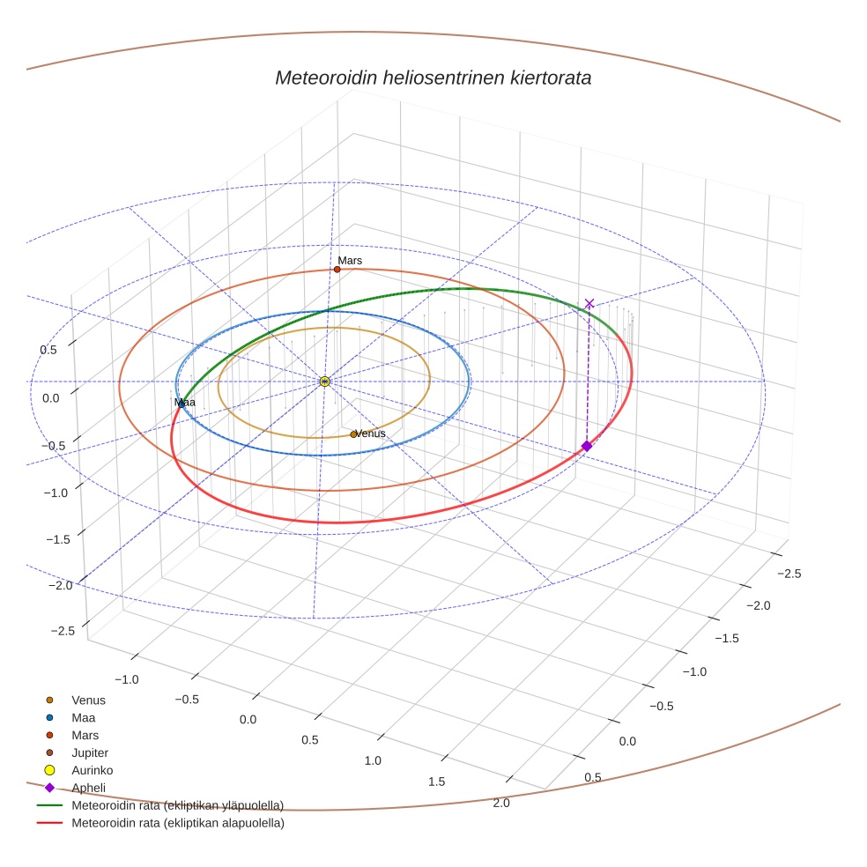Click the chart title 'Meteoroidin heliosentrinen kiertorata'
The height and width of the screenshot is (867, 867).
point(433,78)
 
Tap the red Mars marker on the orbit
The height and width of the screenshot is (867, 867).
point(337,270)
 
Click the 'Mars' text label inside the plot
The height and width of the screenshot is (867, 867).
point(350,261)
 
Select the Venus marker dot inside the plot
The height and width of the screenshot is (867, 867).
point(353,434)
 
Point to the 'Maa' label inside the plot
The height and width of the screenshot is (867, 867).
point(185,403)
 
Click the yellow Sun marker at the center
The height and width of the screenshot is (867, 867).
point(325,381)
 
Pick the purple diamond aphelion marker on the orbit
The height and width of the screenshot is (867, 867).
point(587,446)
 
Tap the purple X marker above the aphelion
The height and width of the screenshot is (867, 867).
point(589,304)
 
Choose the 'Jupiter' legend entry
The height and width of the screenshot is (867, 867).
point(90,752)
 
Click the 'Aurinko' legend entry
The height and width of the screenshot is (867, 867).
point(92,770)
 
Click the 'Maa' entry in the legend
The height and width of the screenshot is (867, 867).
point(85,718)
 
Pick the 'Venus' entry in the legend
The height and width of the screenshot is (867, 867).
point(88,700)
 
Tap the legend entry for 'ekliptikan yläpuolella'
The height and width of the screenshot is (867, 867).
point(177,805)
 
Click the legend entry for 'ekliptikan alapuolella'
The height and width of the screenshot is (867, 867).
point(177,823)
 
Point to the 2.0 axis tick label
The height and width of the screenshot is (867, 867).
point(501,802)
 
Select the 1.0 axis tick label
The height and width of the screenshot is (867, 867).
point(373,760)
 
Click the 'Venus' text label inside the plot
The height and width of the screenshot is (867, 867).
point(370,433)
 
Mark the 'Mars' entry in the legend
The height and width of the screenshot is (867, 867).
point(85,735)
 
